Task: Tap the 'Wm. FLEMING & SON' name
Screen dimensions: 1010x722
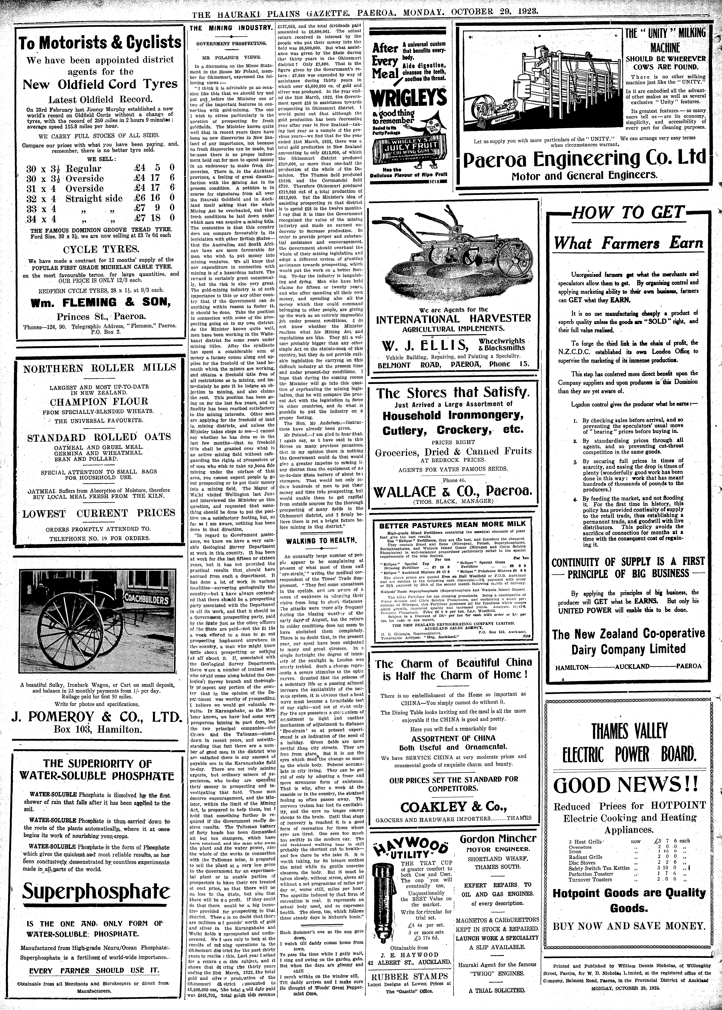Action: (100, 302)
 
